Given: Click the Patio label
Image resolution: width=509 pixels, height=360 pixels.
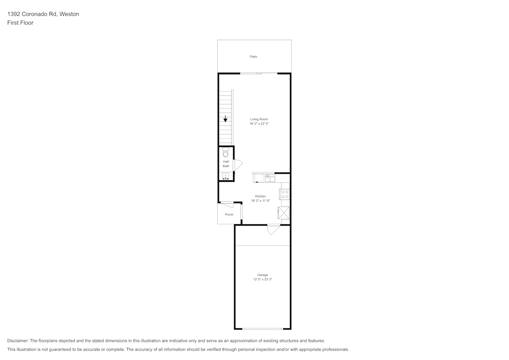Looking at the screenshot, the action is [x=253, y=57].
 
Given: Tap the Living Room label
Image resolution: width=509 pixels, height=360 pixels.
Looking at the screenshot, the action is [x=259, y=119].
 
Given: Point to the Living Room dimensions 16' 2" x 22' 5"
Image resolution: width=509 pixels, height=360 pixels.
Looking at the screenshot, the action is [x=259, y=124].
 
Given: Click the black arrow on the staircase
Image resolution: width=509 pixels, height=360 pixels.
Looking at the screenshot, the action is [x=225, y=119].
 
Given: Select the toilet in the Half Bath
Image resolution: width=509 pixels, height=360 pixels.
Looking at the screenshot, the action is [x=225, y=152].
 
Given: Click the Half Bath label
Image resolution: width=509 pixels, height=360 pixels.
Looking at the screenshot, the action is [x=226, y=164].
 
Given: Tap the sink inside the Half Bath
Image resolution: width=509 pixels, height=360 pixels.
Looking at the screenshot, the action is [x=225, y=176].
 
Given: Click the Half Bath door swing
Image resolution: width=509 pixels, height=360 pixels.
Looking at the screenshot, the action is [x=238, y=165].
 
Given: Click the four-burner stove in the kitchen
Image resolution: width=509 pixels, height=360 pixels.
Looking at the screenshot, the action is [x=285, y=195].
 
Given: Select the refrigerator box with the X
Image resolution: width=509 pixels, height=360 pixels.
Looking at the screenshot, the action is [x=284, y=213].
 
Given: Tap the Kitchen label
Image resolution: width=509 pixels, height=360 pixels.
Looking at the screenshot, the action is [x=260, y=197].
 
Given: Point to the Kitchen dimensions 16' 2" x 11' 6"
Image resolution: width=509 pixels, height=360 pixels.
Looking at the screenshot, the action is [x=260, y=201].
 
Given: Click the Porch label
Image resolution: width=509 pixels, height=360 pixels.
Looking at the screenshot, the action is [x=229, y=214].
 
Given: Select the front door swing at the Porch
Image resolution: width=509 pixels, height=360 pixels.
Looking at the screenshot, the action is [x=227, y=205].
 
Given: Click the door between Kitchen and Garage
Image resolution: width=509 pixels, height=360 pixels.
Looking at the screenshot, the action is [x=273, y=230].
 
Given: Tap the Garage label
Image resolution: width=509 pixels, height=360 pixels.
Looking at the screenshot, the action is [x=263, y=275].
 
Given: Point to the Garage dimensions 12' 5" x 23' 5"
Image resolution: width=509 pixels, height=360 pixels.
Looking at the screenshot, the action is [x=263, y=279].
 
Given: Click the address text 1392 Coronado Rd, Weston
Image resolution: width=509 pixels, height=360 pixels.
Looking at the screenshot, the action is [x=43, y=14].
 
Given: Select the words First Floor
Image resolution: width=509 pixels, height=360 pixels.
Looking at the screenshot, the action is [x=20, y=23].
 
